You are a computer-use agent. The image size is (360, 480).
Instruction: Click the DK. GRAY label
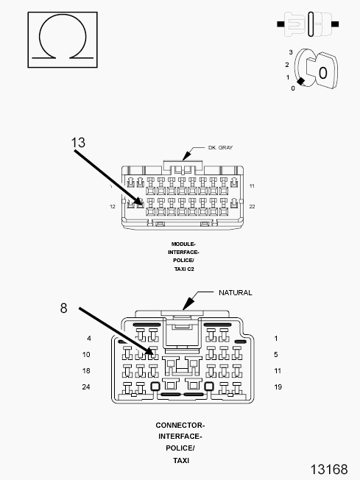point(220,148)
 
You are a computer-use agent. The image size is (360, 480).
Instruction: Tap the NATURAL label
point(235,292)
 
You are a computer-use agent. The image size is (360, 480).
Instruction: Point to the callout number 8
point(64,308)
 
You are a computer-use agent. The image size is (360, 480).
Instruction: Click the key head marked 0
point(322,72)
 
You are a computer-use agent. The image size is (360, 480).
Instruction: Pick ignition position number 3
point(291,52)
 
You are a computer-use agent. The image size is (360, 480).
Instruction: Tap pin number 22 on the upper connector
point(252,207)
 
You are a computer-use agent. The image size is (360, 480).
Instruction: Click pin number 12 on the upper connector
point(113,207)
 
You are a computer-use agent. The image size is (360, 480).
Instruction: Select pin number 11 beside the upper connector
point(252,186)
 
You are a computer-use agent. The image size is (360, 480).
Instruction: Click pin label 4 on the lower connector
point(89,339)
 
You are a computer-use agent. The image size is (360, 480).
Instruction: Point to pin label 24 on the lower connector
point(87,387)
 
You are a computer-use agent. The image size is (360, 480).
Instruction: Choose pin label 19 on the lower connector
point(277,387)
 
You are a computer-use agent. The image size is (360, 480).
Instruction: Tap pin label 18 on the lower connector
point(87,370)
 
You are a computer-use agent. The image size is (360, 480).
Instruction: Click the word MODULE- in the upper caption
point(183,244)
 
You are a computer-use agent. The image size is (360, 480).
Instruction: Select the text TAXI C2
point(183,269)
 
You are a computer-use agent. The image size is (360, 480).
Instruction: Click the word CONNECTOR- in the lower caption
point(180,425)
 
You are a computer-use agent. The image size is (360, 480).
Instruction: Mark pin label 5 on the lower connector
point(276,354)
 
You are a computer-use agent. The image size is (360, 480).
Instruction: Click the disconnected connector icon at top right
point(308,24)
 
